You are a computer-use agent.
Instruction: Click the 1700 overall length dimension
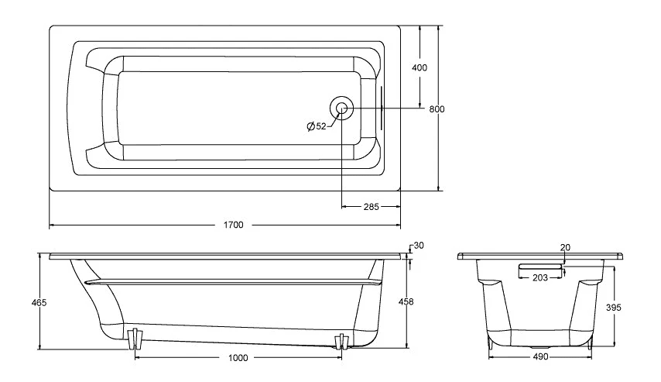tap(233, 225)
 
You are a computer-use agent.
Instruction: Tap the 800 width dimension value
tap(437, 109)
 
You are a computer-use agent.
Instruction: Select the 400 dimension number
tap(419, 67)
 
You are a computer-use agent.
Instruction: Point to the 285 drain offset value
tap(371, 207)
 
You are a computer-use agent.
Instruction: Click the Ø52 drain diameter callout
tap(317, 126)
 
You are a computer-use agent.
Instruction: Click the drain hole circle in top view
tap(342, 108)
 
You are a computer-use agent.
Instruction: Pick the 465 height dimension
tap(39, 303)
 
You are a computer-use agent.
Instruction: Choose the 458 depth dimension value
tap(406, 301)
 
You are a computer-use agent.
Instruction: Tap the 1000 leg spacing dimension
tap(238, 358)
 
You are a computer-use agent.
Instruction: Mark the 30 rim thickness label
tap(419, 246)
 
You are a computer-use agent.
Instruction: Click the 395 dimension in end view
tap(613, 308)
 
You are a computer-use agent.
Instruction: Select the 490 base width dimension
tap(540, 357)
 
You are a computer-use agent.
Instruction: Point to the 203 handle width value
tap(540, 277)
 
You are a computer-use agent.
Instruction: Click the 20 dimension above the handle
tap(565, 248)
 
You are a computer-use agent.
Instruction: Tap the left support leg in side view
tap(135, 337)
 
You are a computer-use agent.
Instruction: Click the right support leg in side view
tap(341, 341)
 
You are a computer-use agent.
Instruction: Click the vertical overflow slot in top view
tap(382, 108)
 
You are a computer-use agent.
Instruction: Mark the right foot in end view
tap(589, 342)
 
